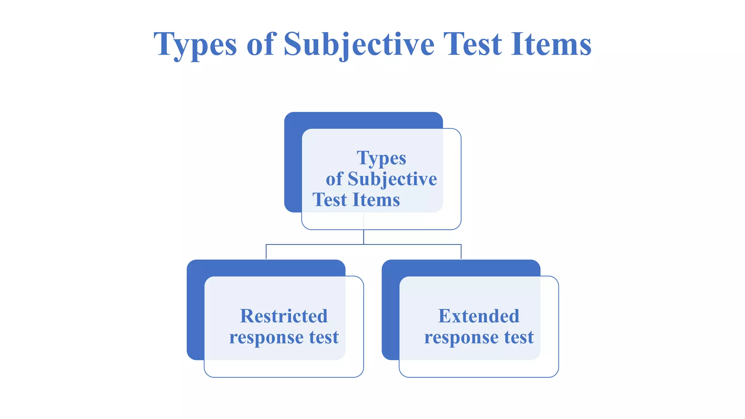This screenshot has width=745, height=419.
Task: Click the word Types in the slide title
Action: coord(195,45)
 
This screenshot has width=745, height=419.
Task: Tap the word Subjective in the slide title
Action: coord(359,45)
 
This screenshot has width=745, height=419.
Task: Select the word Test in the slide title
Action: coord(473,44)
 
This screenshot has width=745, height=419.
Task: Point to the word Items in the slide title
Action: coord(551,44)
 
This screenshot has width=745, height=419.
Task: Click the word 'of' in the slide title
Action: coord(260,44)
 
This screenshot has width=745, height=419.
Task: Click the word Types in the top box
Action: coord(381,158)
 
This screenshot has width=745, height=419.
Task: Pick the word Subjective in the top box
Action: coord(392,179)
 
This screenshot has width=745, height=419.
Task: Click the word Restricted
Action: coord(284,316)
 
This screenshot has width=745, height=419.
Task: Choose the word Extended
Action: coord(479,316)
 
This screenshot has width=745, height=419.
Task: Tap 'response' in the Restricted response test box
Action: coord(266,338)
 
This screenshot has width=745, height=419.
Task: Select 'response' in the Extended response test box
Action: coord(461,338)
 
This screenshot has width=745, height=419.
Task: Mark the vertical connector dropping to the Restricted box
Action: coord(266,252)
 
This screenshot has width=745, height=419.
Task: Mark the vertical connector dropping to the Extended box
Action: coord(461,252)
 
